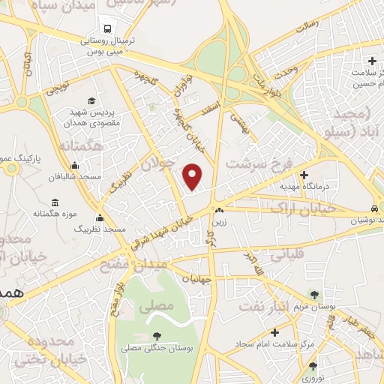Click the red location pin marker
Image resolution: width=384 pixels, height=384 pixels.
[x=193, y=175]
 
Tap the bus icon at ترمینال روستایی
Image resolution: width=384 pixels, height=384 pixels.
[x=109, y=28]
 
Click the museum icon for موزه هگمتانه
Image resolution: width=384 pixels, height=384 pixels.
[x=55, y=202]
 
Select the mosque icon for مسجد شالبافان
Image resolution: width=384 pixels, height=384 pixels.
[x=73, y=166]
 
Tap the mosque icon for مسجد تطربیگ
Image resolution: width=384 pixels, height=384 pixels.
[x=100, y=217]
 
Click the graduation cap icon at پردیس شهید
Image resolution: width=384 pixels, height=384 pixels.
[x=91, y=100]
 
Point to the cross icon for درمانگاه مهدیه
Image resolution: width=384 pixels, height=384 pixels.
[x=303, y=174]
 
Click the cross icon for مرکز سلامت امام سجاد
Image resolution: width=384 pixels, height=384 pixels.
[x=274, y=331]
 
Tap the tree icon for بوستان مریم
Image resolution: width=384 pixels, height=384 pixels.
[x=313, y=295]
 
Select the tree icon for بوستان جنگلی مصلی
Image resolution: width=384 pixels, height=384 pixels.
[x=156, y=336]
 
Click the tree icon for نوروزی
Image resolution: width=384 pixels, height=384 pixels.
[x=312, y=366]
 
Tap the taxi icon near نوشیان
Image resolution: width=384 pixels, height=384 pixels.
[x=373, y=208]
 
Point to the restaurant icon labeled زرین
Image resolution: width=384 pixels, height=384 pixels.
[x=218, y=211]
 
